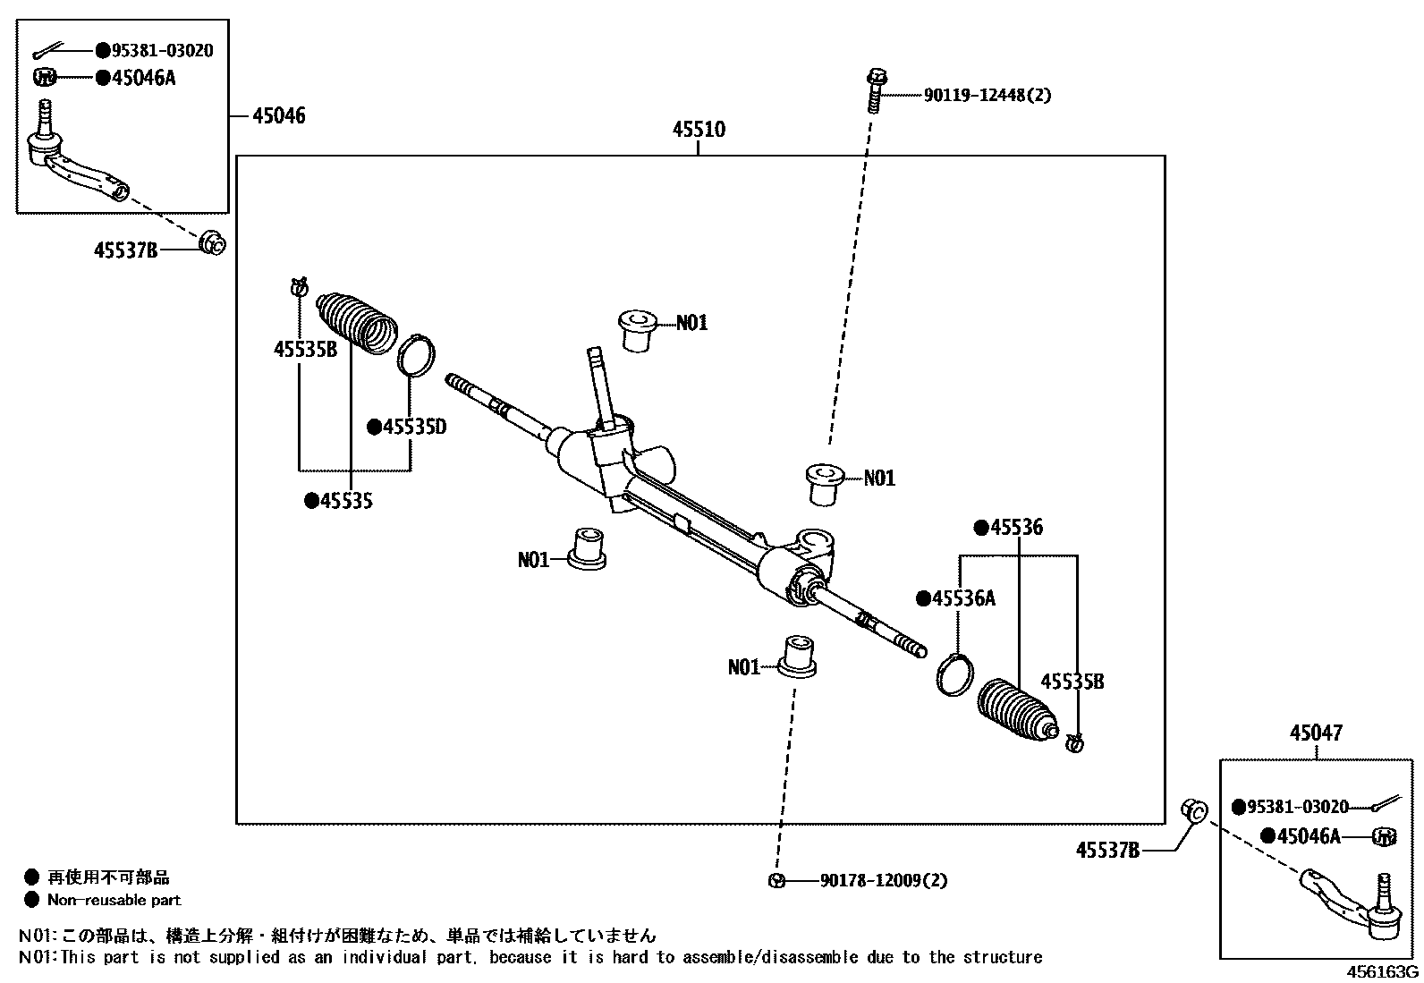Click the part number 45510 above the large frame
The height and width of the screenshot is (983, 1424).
699,130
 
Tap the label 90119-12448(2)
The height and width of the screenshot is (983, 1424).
987,95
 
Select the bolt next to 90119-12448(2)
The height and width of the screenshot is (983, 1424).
876,90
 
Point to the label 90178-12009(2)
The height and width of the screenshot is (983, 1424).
883,880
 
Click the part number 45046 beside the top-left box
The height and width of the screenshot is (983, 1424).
278,115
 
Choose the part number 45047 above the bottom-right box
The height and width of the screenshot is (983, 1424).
1316,733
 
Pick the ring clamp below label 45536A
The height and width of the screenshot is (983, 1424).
955,673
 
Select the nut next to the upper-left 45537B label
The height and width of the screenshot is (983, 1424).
212,242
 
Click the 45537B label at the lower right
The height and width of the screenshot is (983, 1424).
1107,851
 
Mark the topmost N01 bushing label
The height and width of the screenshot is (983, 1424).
691,323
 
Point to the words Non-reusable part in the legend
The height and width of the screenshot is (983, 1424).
114,901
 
